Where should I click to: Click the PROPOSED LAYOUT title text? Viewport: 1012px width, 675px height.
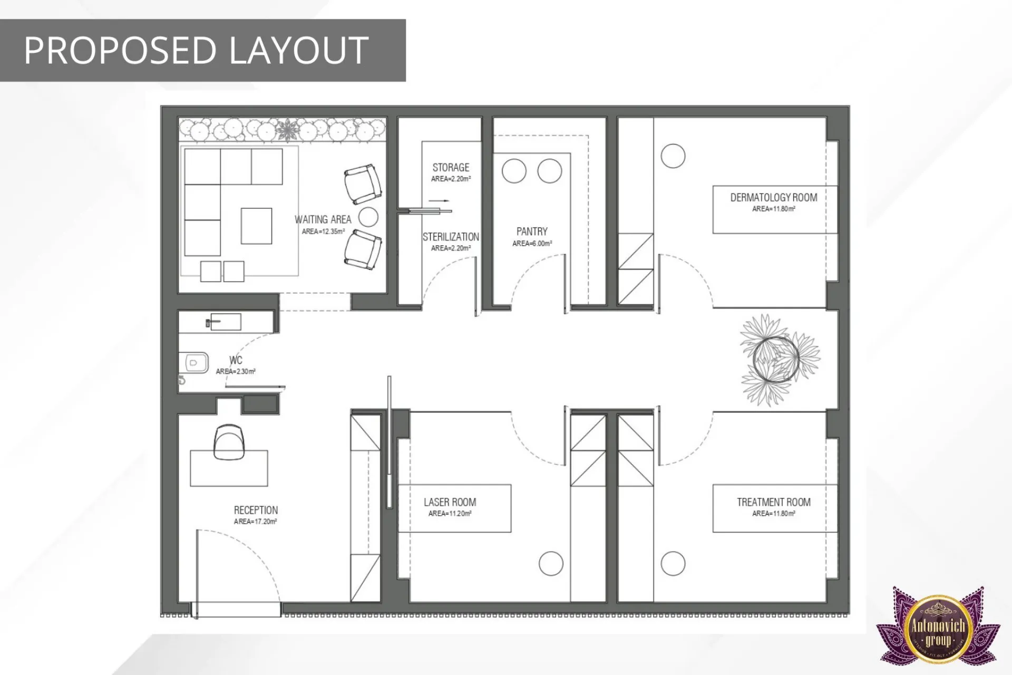click(x=196, y=51)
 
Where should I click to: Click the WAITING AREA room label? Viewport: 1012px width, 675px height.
click(x=323, y=219)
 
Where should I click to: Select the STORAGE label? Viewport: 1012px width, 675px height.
click(x=451, y=168)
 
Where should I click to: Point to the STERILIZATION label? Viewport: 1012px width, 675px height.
click(x=451, y=237)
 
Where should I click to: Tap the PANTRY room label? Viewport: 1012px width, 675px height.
click(x=532, y=232)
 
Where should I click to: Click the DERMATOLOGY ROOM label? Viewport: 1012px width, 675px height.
click(x=773, y=198)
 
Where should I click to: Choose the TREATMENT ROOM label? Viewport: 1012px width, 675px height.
click(x=773, y=502)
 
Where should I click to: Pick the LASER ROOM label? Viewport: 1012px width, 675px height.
click(x=450, y=502)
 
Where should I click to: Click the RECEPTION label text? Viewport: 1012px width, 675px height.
click(x=256, y=510)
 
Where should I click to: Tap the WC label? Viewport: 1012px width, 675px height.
click(x=236, y=360)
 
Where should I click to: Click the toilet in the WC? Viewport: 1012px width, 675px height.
click(x=194, y=363)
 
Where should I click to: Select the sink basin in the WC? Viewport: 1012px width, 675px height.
click(x=225, y=321)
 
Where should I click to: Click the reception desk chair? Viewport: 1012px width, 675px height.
click(x=229, y=441)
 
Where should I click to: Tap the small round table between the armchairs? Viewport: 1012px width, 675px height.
click(x=368, y=217)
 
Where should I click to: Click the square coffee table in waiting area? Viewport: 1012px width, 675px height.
click(x=257, y=226)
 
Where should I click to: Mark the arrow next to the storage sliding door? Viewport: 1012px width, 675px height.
click(x=439, y=201)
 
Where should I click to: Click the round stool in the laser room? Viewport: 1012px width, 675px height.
click(x=551, y=563)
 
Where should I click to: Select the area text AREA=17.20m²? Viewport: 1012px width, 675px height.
click(x=256, y=522)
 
